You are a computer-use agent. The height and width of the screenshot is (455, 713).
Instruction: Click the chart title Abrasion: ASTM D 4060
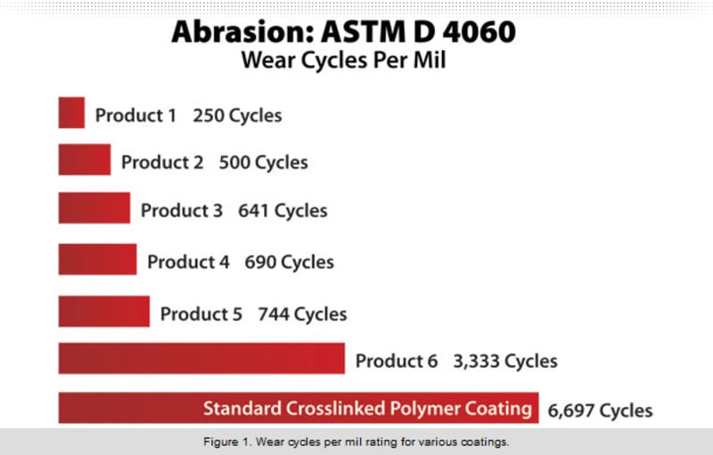point(343,32)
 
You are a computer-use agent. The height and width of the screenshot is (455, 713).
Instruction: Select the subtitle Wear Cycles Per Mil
point(343,61)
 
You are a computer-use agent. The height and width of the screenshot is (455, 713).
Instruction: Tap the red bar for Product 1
point(71,112)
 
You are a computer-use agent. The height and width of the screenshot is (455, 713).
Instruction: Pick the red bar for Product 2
point(85,159)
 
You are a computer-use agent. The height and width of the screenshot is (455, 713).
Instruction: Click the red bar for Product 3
point(94,208)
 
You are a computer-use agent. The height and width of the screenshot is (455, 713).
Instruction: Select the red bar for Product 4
point(97,259)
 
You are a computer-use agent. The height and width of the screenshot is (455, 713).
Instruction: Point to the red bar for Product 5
point(104,311)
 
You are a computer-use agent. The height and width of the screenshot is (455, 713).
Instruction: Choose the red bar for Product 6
point(201,358)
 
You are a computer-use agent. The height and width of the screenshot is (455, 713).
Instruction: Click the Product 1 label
point(135,116)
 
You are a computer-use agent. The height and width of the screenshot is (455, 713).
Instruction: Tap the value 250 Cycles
point(237,116)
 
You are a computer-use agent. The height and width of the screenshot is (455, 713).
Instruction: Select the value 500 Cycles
point(263,163)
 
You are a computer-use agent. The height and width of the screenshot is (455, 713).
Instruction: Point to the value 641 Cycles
point(283,211)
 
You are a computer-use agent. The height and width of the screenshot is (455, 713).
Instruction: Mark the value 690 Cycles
point(289,263)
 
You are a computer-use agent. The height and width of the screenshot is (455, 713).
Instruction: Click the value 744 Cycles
point(302,314)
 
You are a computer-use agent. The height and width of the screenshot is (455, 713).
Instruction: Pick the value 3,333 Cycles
point(505,362)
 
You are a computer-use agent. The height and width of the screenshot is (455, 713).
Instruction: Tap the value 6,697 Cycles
point(600,411)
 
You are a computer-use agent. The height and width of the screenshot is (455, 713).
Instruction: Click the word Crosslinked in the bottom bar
point(335,408)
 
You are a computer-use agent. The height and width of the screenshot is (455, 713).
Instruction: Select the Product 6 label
point(396,361)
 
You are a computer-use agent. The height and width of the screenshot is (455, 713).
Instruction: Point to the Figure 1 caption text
point(356,442)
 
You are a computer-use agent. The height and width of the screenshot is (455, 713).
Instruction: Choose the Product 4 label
point(188,262)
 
